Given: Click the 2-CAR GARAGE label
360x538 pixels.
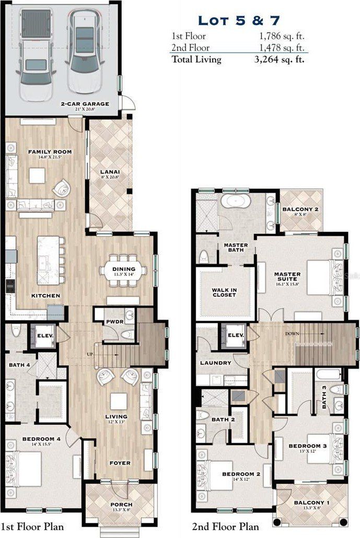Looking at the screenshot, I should (85, 104).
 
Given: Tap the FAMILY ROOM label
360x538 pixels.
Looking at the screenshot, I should (50, 152).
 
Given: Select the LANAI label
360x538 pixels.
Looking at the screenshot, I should (109, 171).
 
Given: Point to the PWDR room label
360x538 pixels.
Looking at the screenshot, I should (114, 322).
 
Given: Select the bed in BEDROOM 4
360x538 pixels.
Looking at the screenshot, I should (26, 469).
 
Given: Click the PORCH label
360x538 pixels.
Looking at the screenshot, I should (121, 505).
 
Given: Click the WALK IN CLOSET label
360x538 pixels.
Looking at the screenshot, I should (224, 291).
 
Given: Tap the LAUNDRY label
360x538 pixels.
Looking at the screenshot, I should (215, 362).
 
